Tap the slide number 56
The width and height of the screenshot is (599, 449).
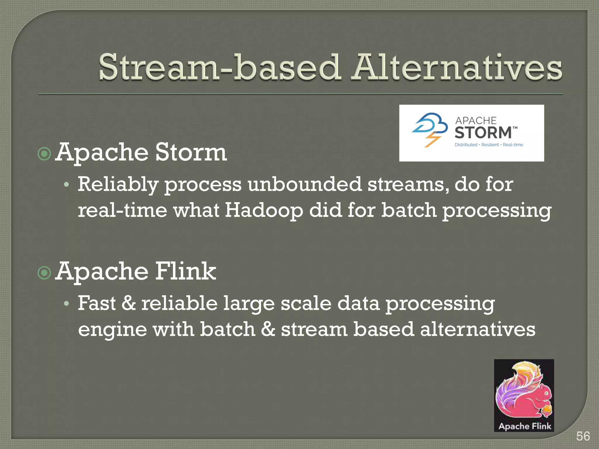(x=583, y=436)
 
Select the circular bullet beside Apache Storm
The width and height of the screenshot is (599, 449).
(x=44, y=153)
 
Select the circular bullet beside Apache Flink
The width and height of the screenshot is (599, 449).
(x=44, y=273)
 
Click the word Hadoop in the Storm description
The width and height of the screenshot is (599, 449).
(x=264, y=210)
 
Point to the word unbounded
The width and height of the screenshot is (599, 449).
(x=304, y=184)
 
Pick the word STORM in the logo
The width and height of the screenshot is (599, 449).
(x=483, y=132)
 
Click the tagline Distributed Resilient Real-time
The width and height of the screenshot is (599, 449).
(x=488, y=145)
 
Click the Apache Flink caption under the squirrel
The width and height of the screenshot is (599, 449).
(x=524, y=426)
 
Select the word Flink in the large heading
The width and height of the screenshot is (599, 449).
(x=185, y=271)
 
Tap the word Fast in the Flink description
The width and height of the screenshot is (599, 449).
(x=97, y=303)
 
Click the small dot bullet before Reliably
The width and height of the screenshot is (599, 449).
(x=67, y=185)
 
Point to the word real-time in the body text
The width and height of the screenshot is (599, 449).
(x=122, y=210)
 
